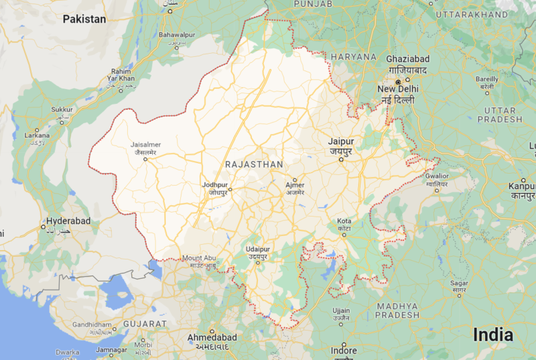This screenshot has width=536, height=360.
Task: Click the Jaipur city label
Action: point(340,141)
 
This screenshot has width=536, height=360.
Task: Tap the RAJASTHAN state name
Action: point(254,164)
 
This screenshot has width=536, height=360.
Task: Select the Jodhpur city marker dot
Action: point(229,189)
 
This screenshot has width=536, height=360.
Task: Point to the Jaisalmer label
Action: point(146,143)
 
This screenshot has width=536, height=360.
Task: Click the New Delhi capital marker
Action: point(397,82)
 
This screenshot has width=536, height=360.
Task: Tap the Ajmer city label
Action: point(295,185)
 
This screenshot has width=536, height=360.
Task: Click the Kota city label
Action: point(344,221)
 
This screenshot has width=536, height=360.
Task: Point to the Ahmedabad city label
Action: point(212,337)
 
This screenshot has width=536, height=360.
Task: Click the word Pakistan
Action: point(84,19)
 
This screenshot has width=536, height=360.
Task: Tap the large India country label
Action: point(493,335)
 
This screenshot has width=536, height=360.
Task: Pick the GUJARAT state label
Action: point(144,324)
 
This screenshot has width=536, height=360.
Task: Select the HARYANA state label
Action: point(353,57)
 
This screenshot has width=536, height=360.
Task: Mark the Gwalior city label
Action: point(436,176)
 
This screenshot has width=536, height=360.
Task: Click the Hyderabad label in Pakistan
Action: point(68,221)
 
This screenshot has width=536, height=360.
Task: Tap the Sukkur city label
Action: point(62,109)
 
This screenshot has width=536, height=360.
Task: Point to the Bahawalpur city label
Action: point(177,34)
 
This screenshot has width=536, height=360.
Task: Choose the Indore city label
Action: point(344,351)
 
